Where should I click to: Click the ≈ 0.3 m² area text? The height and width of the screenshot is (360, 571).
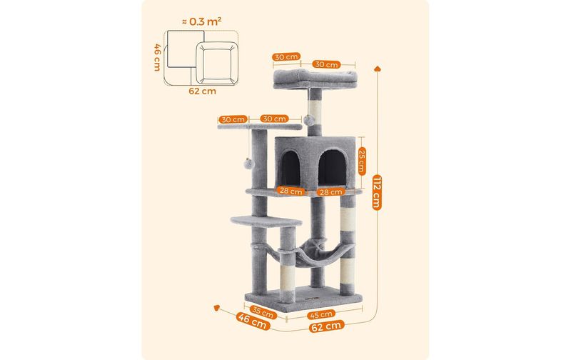pos(201,21)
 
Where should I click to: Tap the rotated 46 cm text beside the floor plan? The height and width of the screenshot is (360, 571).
pos(157,58)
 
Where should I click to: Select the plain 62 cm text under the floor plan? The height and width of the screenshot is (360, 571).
pos(202,91)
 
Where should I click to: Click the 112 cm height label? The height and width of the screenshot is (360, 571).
pos(377,192)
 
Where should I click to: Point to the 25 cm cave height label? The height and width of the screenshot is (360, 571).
pos(362,161)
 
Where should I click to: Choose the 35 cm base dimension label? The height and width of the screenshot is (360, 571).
pos(263,312)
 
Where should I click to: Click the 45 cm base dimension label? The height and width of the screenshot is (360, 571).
pos(320,314)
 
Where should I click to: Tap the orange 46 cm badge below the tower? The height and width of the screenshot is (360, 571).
pos(253,321)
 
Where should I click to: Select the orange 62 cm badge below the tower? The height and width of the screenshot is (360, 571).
pos(327,326)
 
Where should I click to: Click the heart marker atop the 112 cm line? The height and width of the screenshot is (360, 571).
pos(378,69)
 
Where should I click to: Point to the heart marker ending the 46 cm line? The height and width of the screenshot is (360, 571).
pos(217,308)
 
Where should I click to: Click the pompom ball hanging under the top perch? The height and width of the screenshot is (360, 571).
pos(310,120)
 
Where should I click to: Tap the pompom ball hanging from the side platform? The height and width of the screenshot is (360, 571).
pos(248,164)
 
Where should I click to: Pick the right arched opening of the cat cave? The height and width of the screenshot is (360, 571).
pos(332,168)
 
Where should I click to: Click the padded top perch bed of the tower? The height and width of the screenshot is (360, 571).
pos(315,79)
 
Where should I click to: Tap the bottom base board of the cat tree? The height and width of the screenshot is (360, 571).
pos(304,297)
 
